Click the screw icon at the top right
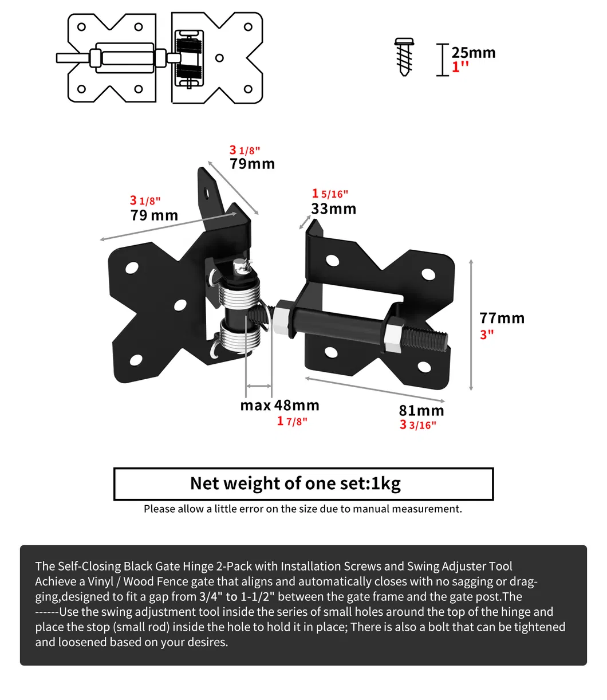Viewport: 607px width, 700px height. tap(404, 57)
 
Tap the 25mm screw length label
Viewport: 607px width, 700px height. tap(473, 53)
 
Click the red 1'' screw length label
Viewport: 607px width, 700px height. tap(460, 67)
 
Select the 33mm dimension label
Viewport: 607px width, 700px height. tap(333, 209)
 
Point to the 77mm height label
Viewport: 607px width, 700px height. tap(502, 318)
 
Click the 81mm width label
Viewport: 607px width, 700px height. tap(421, 411)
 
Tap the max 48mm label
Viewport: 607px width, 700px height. tap(279, 406)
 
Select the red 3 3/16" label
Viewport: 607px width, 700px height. tap(418, 425)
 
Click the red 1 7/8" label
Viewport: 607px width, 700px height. tap(292, 422)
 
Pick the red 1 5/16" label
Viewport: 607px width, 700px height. tap(330, 194)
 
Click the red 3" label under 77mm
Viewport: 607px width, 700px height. tap(487, 334)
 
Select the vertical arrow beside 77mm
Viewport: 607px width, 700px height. tap(471, 325)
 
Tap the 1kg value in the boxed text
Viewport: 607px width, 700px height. tap(385, 484)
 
